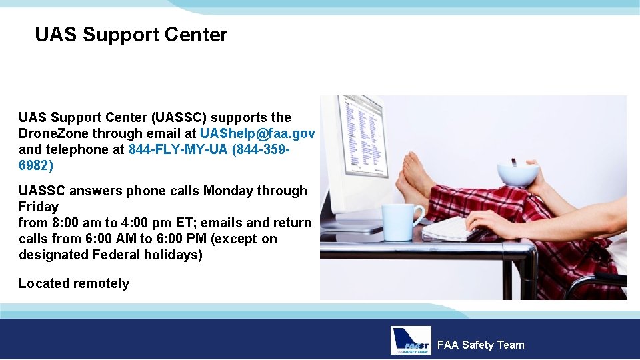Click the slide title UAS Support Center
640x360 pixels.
click(131, 35)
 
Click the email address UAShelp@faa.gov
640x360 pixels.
click(257, 133)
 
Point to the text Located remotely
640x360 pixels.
click(74, 283)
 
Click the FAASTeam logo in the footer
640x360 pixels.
click(411, 341)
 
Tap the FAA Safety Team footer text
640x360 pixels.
click(480, 345)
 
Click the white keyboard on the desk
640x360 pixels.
click(453, 229)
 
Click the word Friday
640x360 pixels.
click(39, 207)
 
